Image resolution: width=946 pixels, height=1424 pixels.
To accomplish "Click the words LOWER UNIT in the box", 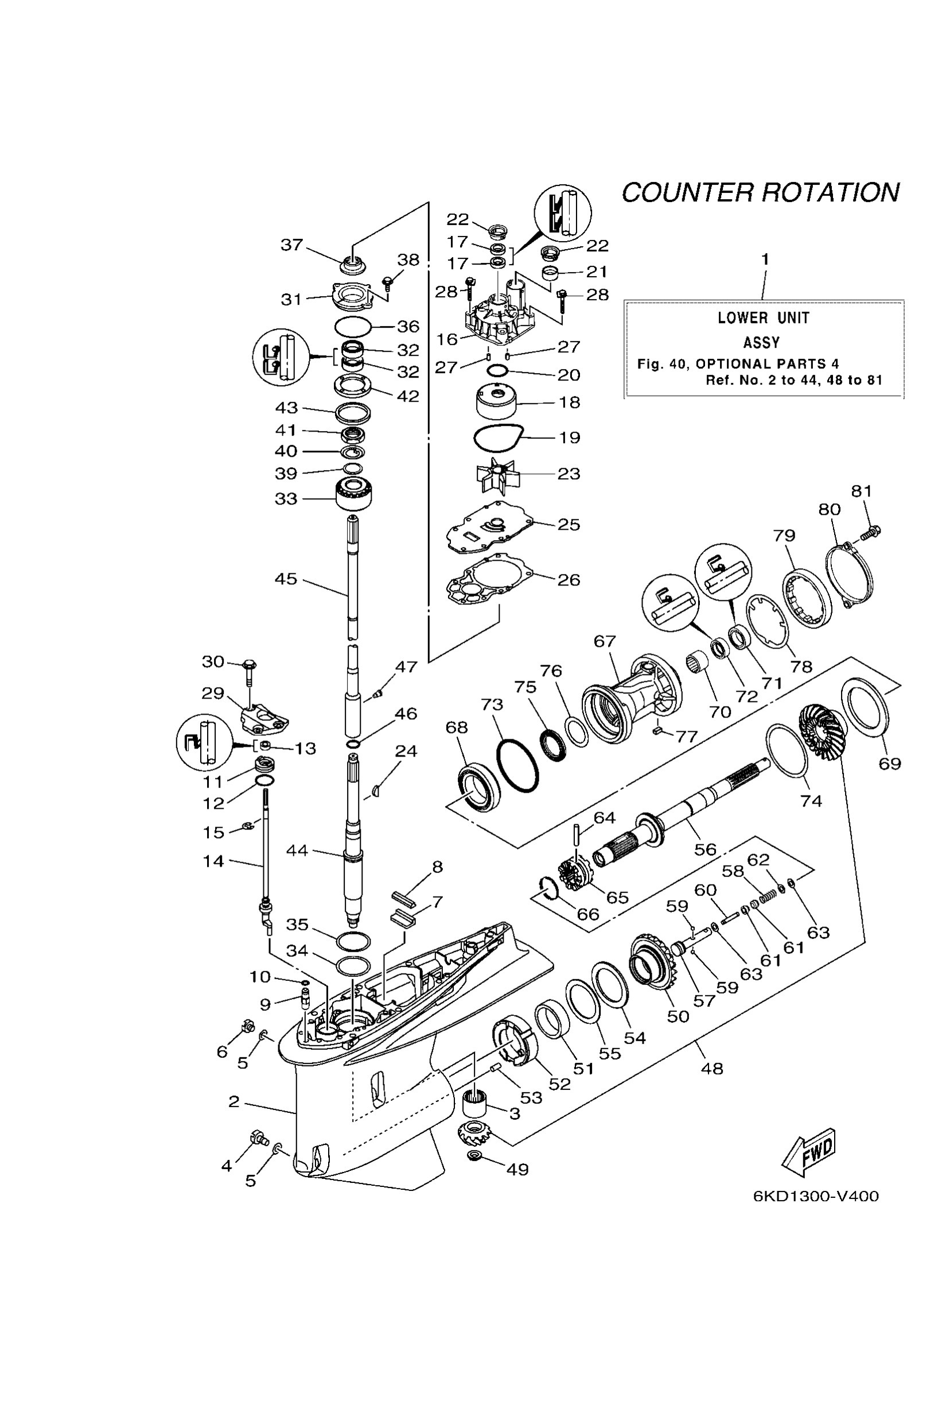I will click(763, 318).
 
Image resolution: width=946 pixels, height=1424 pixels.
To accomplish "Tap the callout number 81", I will click(862, 491).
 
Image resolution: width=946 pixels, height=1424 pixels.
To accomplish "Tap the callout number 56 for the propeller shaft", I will click(704, 849).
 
